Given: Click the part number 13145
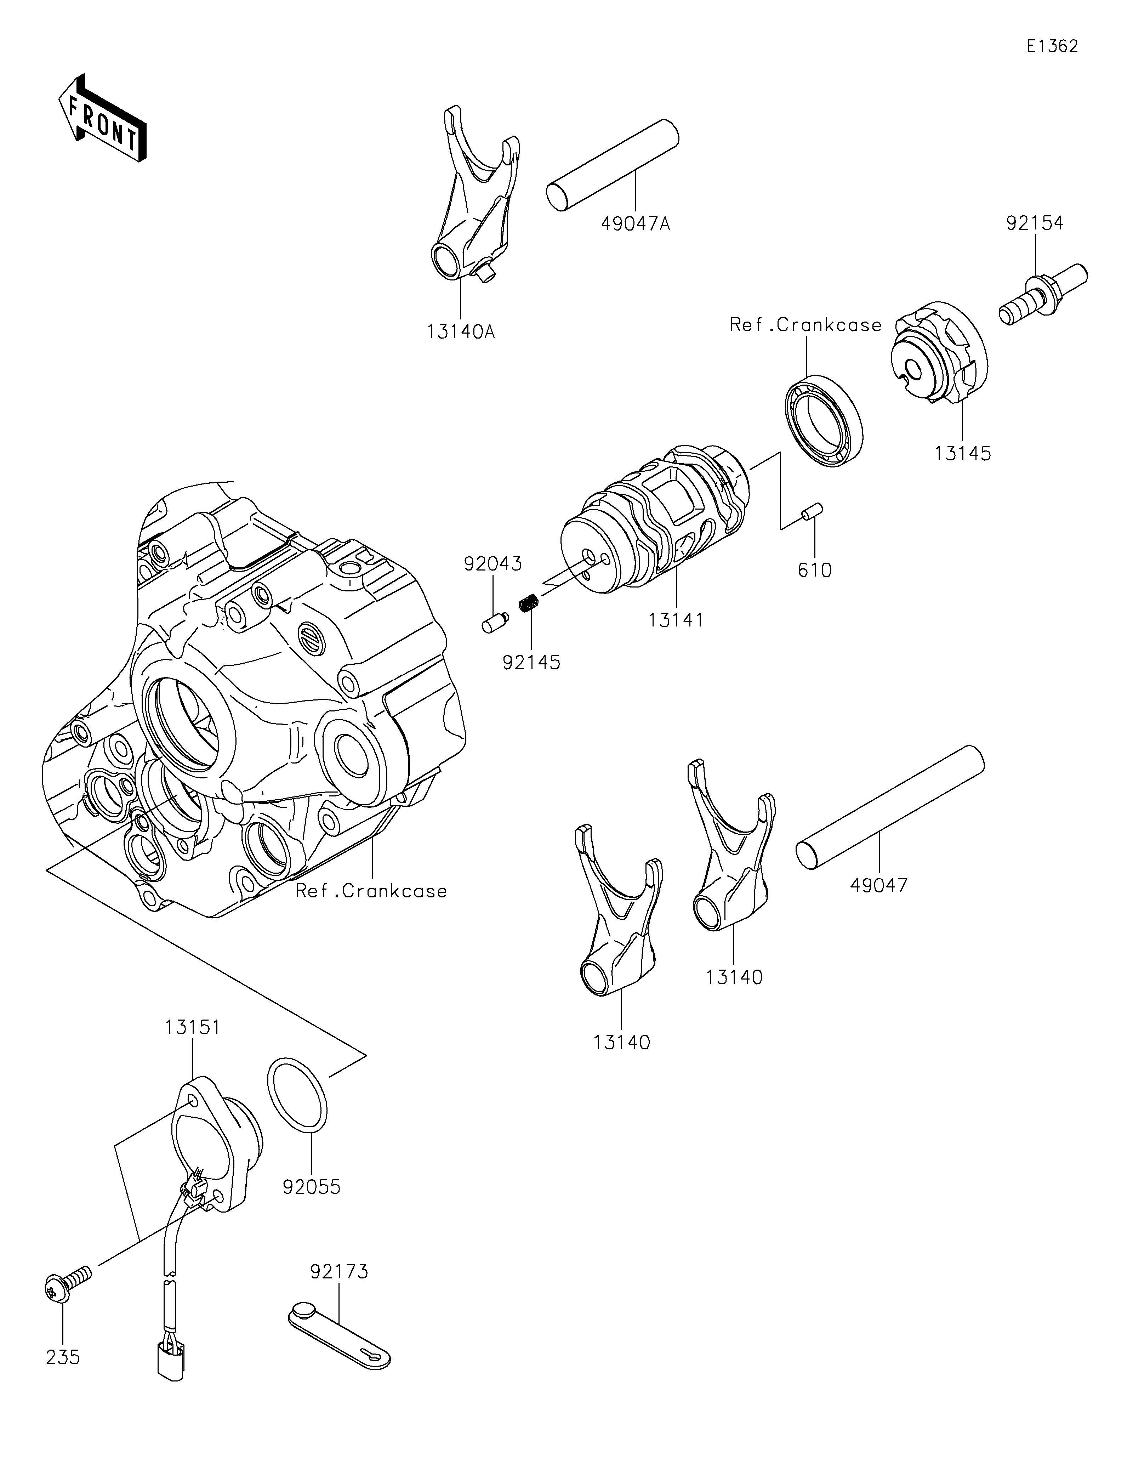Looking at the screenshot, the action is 963,453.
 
